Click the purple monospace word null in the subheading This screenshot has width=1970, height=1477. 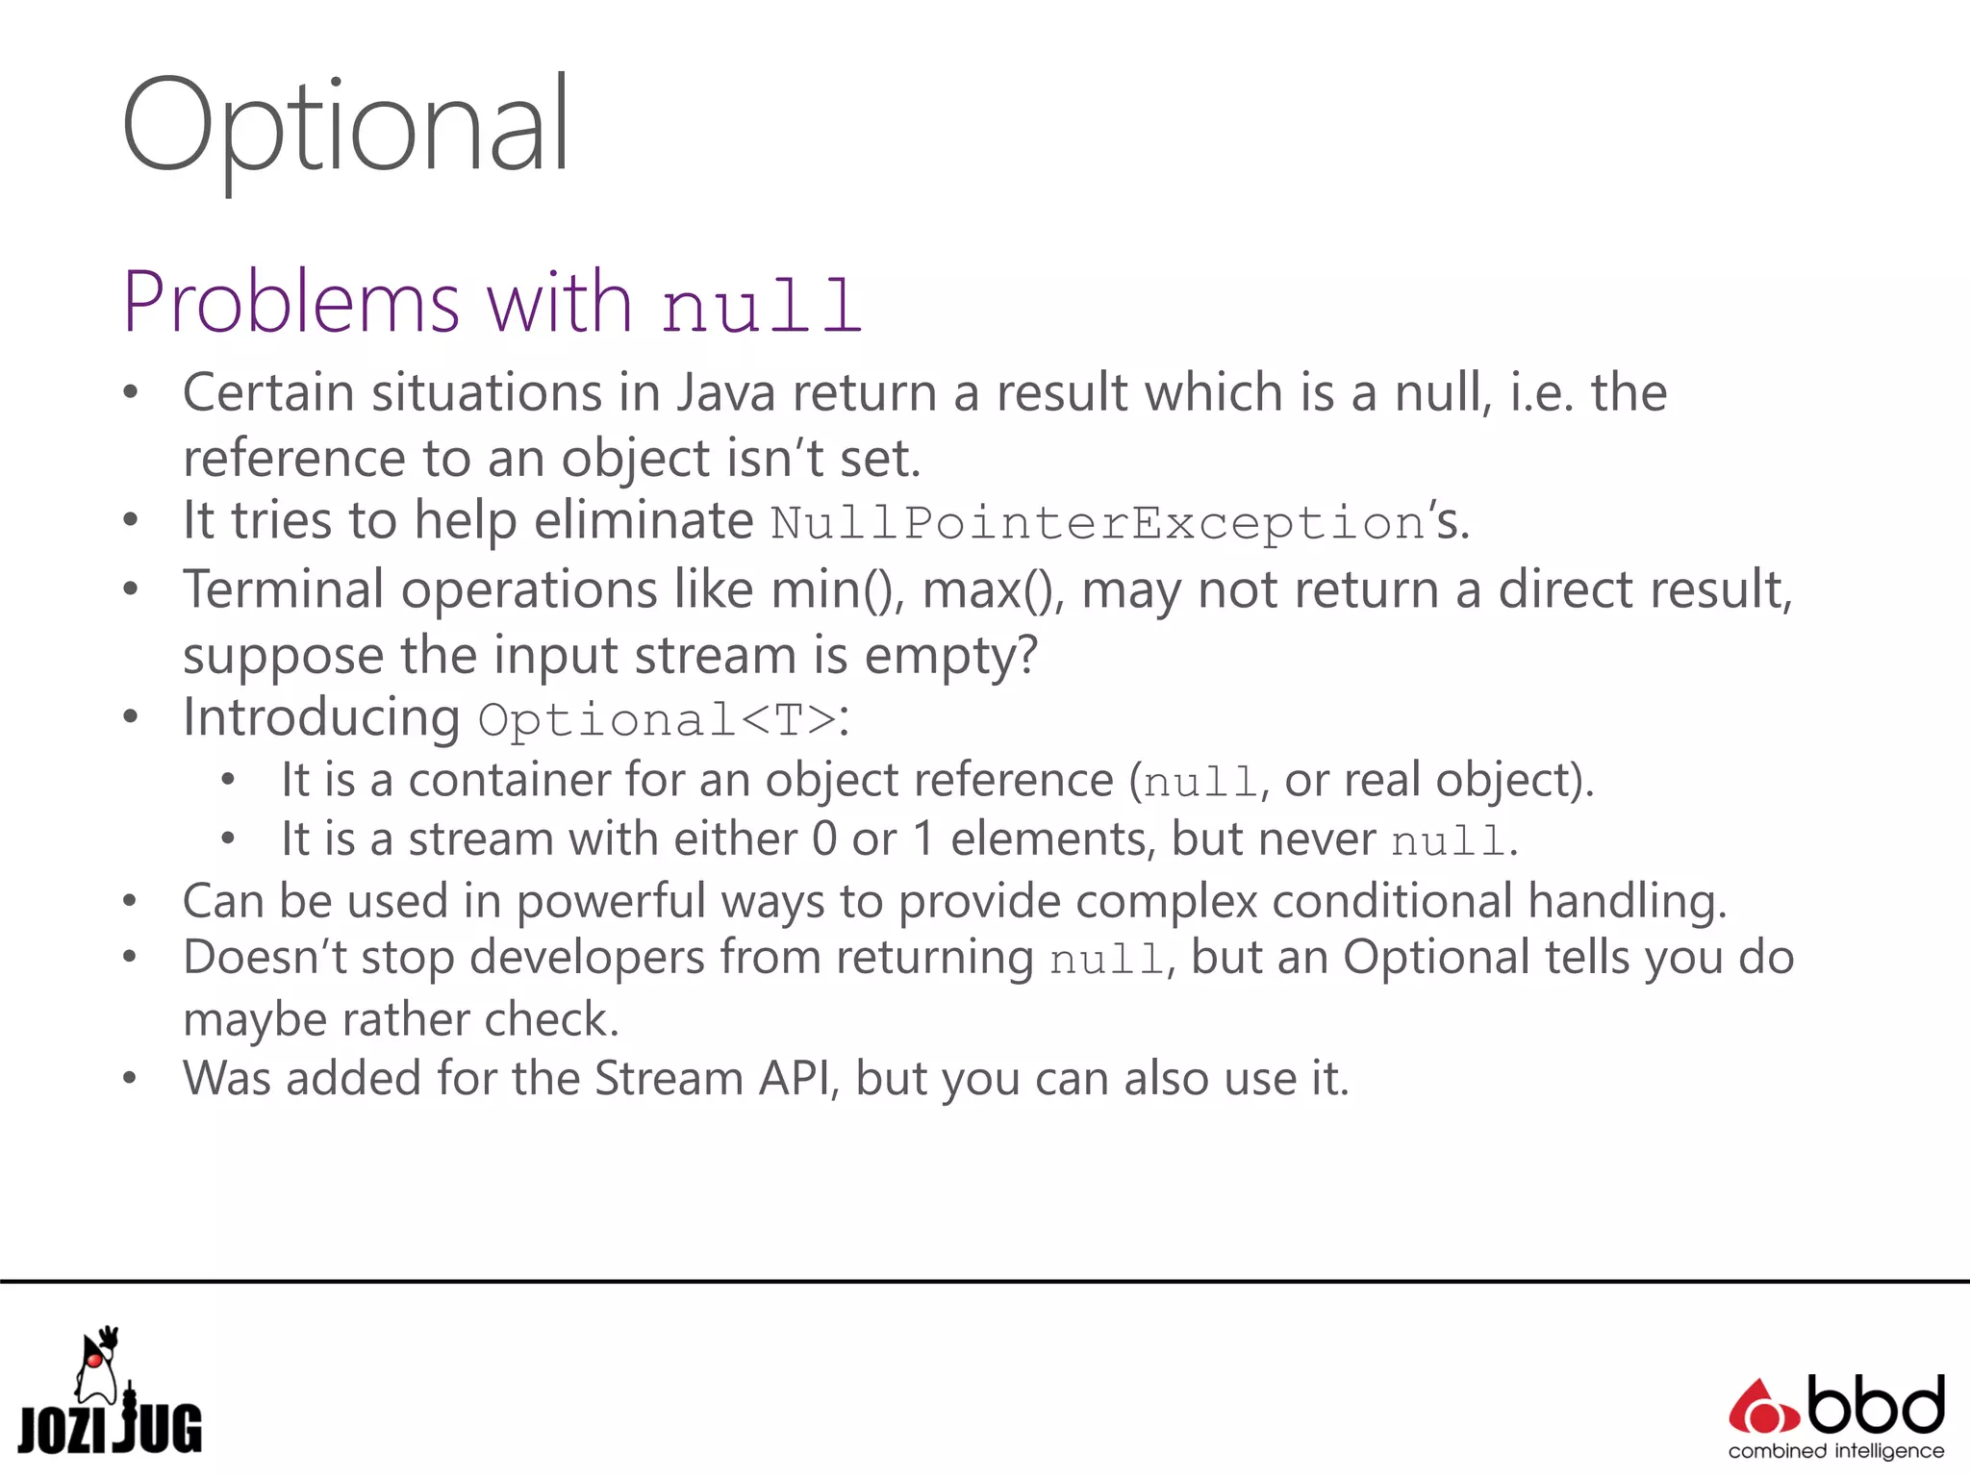point(761,306)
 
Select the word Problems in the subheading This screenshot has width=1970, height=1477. point(291,302)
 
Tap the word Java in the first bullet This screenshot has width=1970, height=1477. point(725,393)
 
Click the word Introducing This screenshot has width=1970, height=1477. point(321,718)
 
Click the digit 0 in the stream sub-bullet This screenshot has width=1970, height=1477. point(824,839)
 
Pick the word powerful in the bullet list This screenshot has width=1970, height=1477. point(611,902)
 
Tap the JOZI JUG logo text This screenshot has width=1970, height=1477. point(111,1429)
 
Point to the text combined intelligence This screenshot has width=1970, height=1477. point(1835,1451)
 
